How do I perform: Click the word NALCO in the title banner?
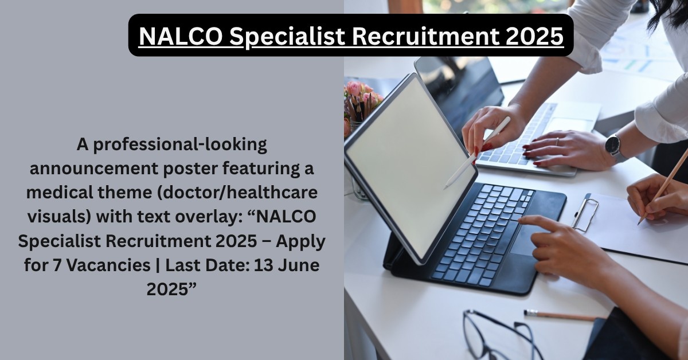pos(181,36)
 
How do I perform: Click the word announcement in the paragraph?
pos(94,169)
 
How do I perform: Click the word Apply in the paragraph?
pos(300,242)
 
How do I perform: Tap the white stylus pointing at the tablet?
pos(477,152)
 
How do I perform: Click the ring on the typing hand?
pos(557,142)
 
